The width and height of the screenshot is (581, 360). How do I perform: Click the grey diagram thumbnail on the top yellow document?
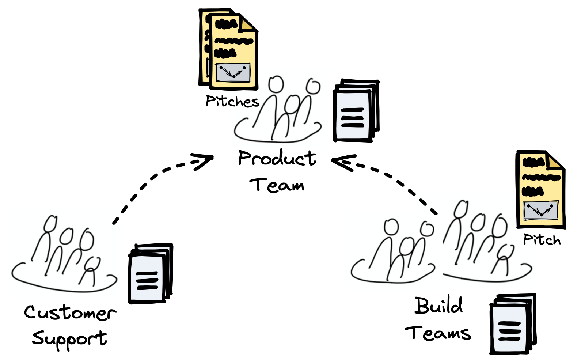click(x=233, y=72)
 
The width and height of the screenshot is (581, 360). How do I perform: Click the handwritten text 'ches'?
click(x=244, y=102)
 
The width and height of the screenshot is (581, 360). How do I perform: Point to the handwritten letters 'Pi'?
click(x=529, y=239)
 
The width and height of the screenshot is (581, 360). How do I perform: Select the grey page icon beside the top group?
click(x=353, y=115)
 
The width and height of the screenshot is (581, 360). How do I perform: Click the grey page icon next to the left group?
click(x=147, y=278)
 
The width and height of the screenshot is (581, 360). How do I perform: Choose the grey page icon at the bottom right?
click(x=509, y=329)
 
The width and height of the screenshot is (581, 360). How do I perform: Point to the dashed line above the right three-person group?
click(x=428, y=206)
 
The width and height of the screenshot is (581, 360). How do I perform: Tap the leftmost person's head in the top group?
click(x=276, y=84)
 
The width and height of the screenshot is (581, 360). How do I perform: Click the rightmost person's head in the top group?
click(x=313, y=87)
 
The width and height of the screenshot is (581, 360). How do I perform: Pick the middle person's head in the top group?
click(x=292, y=103)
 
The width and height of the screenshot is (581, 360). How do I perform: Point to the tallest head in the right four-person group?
click(x=461, y=208)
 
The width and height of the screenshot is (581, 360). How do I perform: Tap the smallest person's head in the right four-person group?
click(x=506, y=251)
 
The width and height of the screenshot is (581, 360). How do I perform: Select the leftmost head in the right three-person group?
click(x=391, y=227)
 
